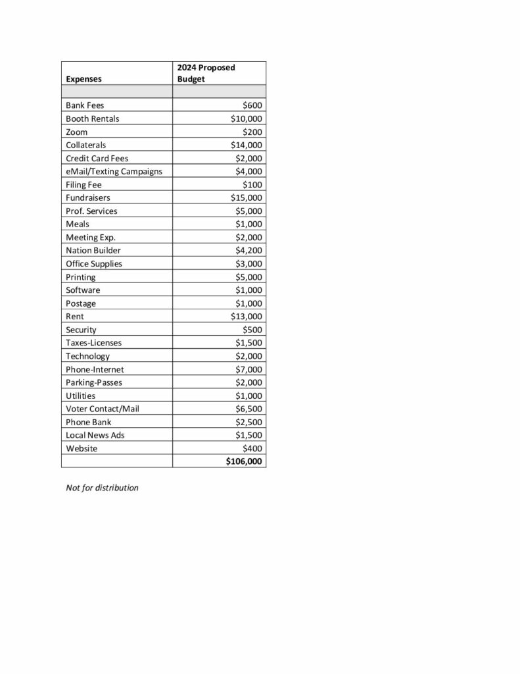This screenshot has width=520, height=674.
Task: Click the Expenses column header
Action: tap(83, 79)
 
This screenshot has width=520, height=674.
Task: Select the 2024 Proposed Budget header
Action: tap(206, 73)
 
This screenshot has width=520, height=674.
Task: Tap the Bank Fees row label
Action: tap(85, 105)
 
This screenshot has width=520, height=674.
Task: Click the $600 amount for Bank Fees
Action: tap(252, 105)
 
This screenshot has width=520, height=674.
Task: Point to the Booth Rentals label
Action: tap(93, 118)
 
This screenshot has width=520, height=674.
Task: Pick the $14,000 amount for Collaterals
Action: tap(247, 145)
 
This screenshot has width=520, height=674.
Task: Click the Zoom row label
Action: tap(76, 132)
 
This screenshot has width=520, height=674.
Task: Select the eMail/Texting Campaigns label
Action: tap(114, 171)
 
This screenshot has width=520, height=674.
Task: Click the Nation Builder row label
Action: tap(93, 250)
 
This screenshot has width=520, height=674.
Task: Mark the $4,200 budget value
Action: tap(248, 250)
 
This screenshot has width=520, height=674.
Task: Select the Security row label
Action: tap(81, 329)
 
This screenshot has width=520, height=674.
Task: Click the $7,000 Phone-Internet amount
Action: tap(248, 369)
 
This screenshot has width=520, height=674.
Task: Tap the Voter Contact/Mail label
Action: tap(103, 409)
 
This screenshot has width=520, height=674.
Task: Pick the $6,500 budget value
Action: tap(248, 409)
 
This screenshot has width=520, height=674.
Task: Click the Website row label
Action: tap(82, 448)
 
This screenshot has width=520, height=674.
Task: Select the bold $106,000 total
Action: tap(244, 461)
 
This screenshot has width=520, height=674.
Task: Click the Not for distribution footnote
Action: tap(102, 488)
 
